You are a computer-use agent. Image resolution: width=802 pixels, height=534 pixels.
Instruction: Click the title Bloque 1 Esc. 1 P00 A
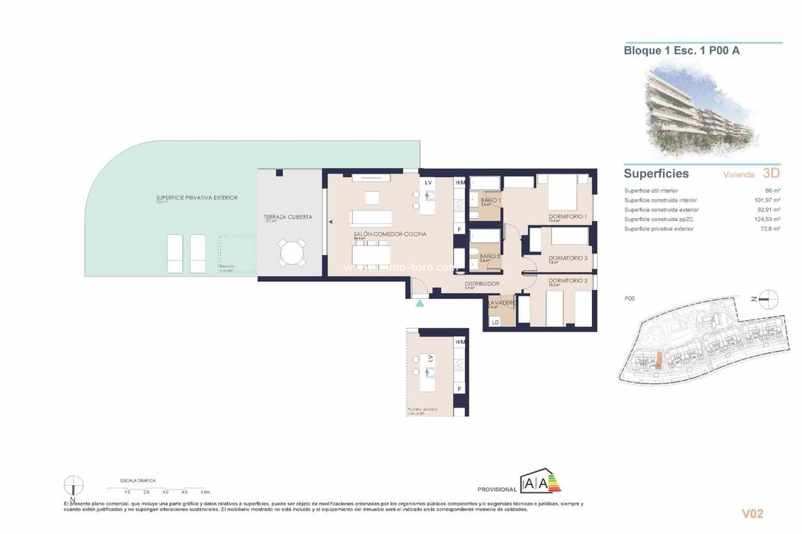point(682,51)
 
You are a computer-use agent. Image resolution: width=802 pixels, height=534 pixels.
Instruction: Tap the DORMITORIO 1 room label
point(567,217)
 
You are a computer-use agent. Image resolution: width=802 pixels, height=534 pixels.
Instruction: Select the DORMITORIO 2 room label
point(568,280)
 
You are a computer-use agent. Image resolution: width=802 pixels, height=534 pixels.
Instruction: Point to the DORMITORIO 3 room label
point(568,257)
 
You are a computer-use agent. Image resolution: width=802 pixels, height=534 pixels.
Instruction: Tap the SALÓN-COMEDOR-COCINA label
point(389,234)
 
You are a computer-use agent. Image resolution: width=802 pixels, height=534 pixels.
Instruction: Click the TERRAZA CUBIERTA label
point(287,217)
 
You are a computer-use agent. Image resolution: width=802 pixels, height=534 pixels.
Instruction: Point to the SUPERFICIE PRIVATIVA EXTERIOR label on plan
point(197,198)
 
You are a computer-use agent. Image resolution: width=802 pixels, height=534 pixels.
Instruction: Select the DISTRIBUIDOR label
point(482,283)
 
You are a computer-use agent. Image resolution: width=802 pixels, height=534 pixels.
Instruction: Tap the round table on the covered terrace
point(290,253)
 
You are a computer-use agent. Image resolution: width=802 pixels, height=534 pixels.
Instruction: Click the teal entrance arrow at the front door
point(420,303)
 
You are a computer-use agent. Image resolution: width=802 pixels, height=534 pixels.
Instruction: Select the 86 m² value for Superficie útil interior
point(771,191)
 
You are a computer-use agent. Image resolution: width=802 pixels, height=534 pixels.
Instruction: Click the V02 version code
point(752,513)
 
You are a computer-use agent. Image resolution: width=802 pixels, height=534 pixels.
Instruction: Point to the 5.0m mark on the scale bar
point(205,492)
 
